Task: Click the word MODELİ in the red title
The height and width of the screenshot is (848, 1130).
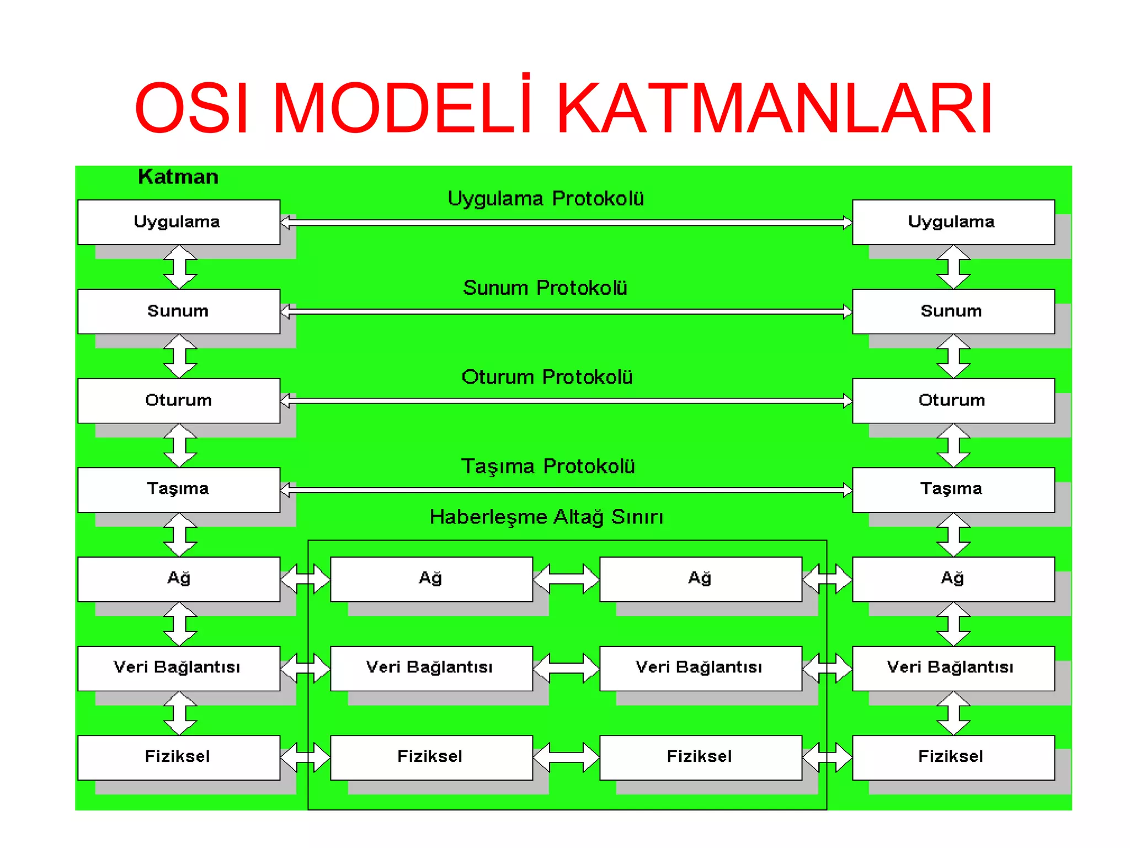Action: coord(402,108)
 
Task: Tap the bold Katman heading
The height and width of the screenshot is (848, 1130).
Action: coord(178,177)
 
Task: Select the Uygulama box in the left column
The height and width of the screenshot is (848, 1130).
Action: coord(179,222)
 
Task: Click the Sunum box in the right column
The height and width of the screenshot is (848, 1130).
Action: coord(953,311)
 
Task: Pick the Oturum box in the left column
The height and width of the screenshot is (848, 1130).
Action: coord(179,400)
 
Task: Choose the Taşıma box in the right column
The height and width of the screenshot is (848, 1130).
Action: coord(953,490)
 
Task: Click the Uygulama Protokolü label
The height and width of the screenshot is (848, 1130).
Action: coord(546,199)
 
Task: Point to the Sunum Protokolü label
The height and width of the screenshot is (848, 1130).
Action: coord(545,288)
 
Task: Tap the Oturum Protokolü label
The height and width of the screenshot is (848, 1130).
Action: coord(547,377)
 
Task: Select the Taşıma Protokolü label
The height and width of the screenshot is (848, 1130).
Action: coord(548,467)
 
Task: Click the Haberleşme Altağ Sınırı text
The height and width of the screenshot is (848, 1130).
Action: coord(546,517)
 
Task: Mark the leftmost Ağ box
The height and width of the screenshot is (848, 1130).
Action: coord(179,579)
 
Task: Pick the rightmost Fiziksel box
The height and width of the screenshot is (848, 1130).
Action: coord(953,757)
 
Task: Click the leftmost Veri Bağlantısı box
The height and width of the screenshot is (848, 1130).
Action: coord(179,668)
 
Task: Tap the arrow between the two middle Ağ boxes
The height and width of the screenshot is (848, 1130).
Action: coord(566,579)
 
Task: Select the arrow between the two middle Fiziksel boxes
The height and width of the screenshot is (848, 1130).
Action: coord(566,757)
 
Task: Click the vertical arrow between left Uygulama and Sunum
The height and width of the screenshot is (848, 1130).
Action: coord(180,267)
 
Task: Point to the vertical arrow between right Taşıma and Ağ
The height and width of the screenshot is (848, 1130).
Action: coord(953,534)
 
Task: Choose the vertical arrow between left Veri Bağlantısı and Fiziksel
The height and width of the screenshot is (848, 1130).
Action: coord(180,713)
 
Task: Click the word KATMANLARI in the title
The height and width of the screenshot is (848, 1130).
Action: coord(775,108)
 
